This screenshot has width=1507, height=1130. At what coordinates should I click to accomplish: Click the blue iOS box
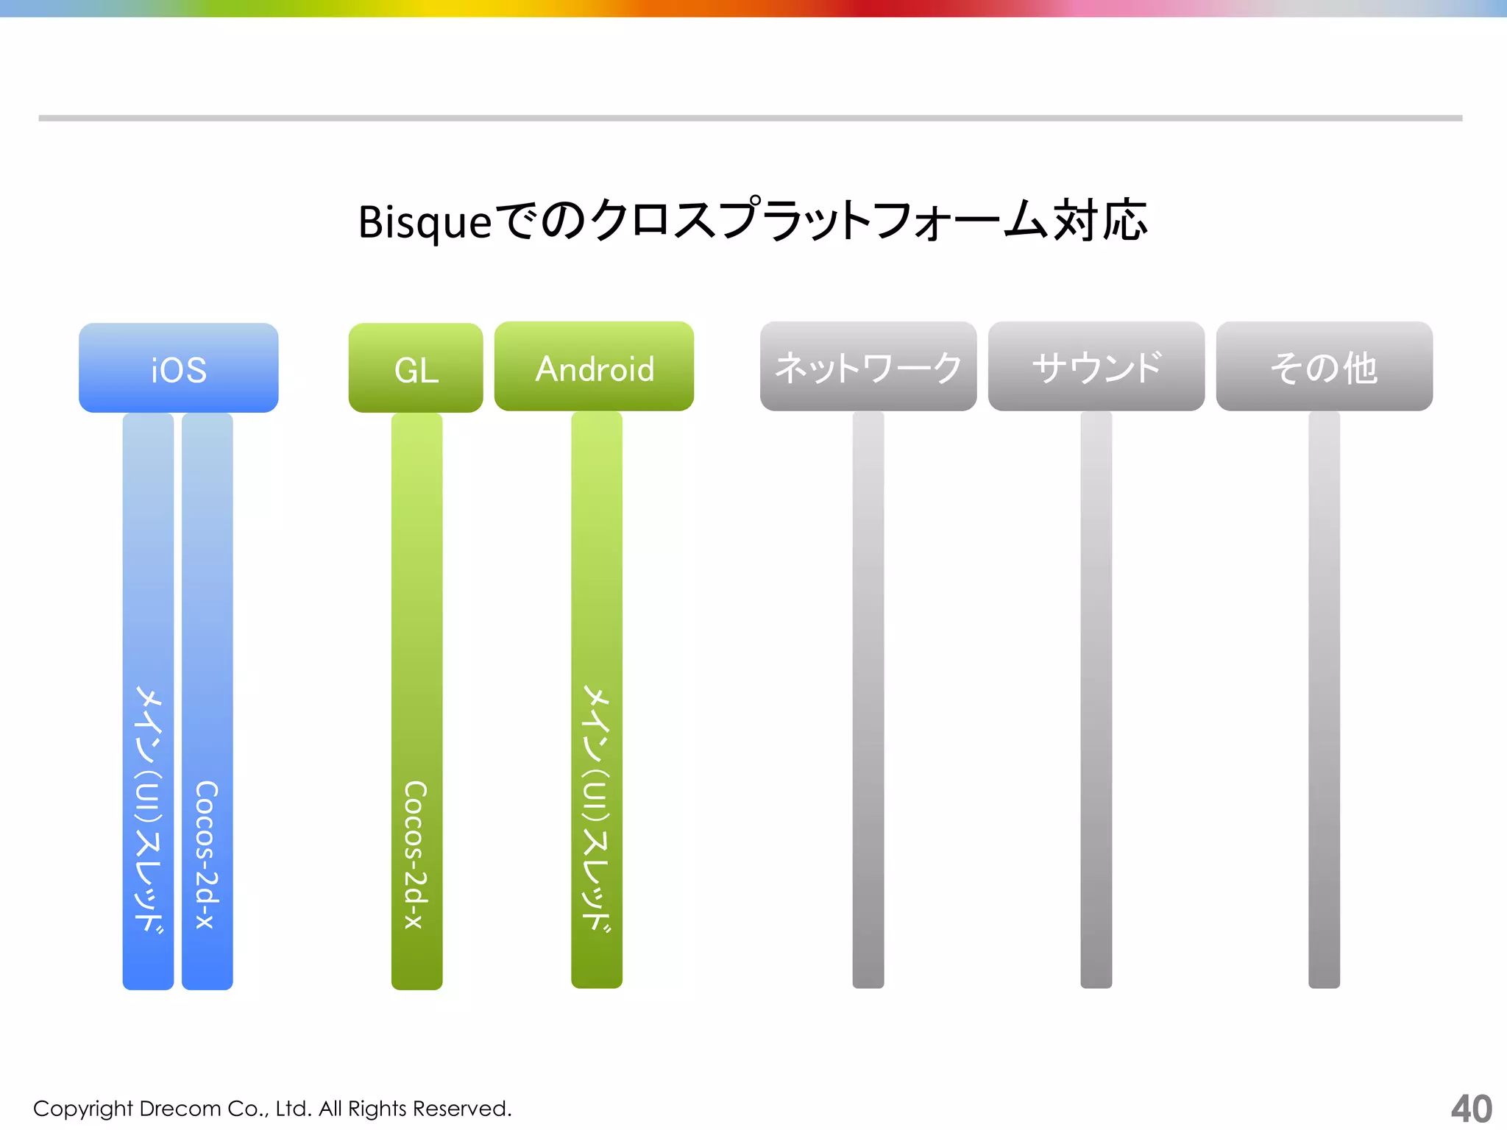tap(178, 368)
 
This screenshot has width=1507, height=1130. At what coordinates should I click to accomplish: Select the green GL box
tap(416, 368)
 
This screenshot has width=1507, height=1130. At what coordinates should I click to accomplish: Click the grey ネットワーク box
tap(868, 366)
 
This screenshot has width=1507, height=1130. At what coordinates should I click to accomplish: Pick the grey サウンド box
tap(1096, 366)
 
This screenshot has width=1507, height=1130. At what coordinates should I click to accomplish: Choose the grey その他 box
tap(1324, 366)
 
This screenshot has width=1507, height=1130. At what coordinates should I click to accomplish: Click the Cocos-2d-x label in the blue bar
tap(207, 853)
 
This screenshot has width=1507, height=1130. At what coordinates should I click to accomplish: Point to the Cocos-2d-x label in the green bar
tap(416, 853)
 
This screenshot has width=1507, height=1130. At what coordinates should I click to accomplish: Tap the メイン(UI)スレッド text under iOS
tap(148, 809)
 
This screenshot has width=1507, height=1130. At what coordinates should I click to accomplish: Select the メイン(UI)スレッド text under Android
tap(597, 809)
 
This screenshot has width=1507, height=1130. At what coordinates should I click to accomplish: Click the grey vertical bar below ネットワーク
tap(868, 699)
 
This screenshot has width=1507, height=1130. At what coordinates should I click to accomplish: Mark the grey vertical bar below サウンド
tap(1096, 699)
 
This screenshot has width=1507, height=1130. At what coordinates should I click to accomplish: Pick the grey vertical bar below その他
tap(1324, 699)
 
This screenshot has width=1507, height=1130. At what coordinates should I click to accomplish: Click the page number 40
tap(1471, 1109)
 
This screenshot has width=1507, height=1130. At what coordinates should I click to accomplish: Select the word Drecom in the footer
tap(180, 1109)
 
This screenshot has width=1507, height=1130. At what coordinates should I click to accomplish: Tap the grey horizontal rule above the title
tap(751, 118)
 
